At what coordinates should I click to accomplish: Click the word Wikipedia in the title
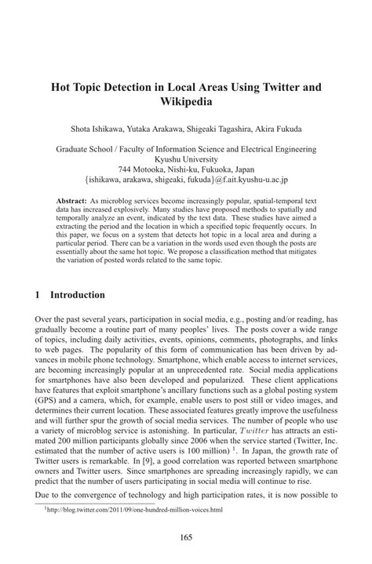pos(186,101)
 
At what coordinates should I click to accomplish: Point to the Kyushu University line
pos(185,158)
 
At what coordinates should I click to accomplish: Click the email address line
pos(185,179)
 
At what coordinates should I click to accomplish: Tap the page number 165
pos(185,537)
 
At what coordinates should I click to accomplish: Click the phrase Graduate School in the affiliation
pos(89,147)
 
